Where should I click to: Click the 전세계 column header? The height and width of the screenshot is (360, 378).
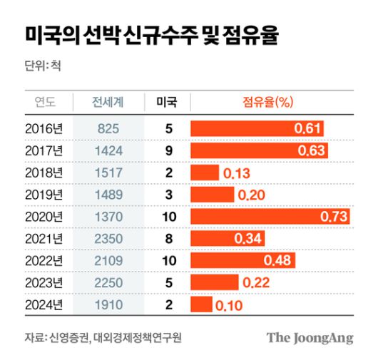click(108, 102)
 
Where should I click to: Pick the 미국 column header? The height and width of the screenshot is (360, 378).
click(168, 102)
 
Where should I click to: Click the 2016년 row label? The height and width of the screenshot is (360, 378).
click(44, 129)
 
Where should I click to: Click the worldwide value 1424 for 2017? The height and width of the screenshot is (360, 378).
click(108, 151)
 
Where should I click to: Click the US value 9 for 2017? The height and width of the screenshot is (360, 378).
click(169, 151)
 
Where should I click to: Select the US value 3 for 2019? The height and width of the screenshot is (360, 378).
click(169, 195)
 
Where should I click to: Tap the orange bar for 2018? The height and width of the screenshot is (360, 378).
click(204, 173)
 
